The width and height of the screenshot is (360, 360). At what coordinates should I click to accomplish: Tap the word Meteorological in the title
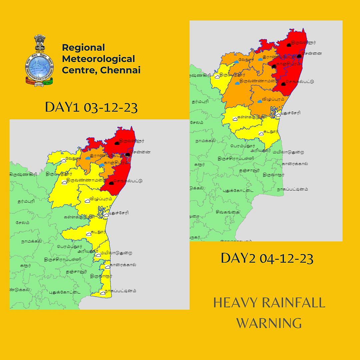(98, 59)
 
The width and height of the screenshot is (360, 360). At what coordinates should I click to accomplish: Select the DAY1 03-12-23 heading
(91, 108)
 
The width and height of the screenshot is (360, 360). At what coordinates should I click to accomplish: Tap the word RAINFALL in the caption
(292, 303)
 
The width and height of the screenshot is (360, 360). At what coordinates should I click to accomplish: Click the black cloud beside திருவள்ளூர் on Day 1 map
(117, 143)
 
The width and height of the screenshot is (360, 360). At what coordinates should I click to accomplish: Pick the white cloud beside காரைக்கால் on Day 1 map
(107, 267)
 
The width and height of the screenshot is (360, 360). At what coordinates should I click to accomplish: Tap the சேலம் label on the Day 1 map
(23, 222)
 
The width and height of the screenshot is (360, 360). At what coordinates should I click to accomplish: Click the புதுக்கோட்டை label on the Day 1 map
(63, 292)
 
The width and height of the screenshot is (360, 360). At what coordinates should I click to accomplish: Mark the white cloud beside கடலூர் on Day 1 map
(89, 234)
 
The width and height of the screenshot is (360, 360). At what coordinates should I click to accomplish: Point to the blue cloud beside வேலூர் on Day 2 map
(236, 61)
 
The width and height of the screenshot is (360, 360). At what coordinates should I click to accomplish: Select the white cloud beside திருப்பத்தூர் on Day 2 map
(217, 76)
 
